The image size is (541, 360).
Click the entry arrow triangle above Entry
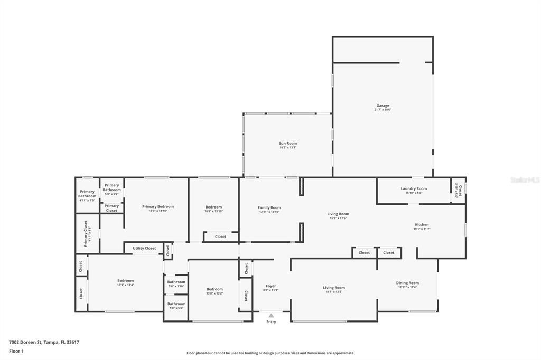pyautogui.click(x=271, y=316)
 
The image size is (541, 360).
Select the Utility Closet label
pyautogui.click(x=144, y=248)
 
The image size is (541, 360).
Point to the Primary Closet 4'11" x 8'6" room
pyautogui.click(x=87, y=233)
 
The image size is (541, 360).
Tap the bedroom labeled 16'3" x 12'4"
pyautogui.click(x=125, y=282)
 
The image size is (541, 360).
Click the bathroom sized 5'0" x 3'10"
pyautogui.click(x=176, y=283)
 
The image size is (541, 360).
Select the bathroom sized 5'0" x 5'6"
pyautogui.click(x=176, y=305)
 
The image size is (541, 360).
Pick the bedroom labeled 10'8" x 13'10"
pyautogui.click(x=213, y=209)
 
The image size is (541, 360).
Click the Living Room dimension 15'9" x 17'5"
pyautogui.click(x=338, y=218)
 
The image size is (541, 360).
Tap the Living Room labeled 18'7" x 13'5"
pyautogui.click(x=333, y=289)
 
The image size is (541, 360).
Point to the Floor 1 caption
pyautogui.click(x=16, y=350)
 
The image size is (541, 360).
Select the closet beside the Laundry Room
pyautogui.click(x=458, y=190)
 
